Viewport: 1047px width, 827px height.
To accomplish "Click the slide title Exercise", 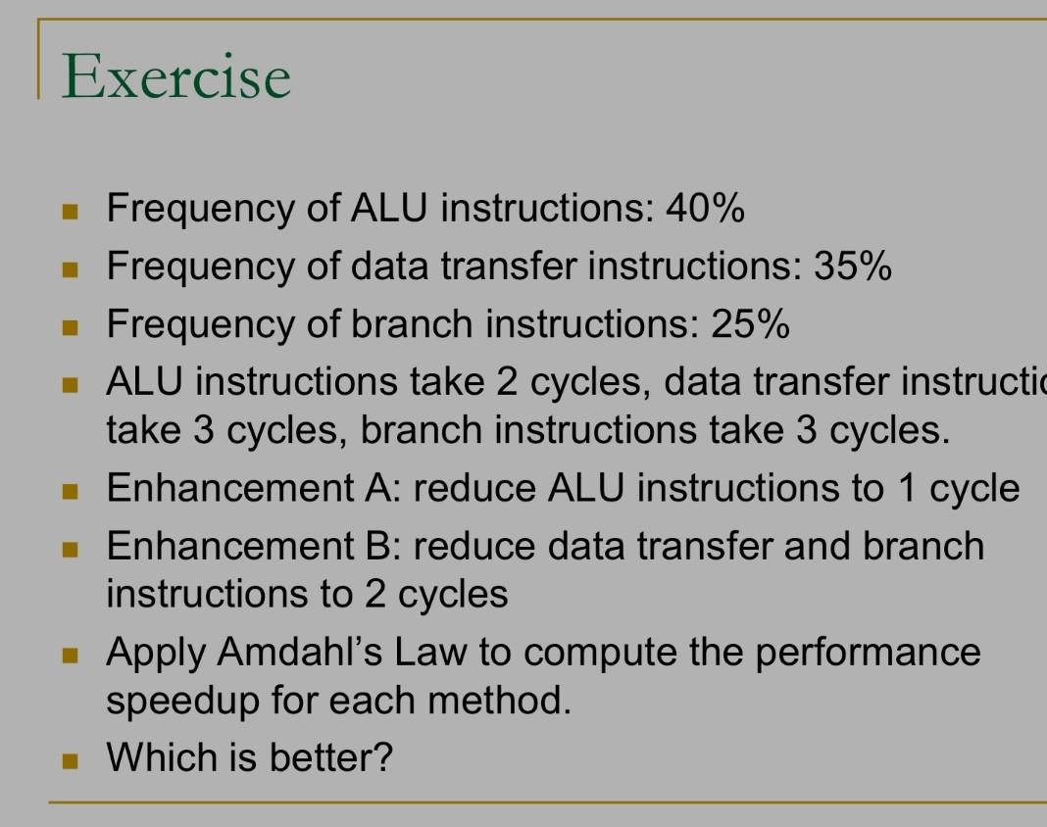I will [x=176, y=76].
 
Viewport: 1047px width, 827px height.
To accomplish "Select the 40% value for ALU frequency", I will [x=705, y=208].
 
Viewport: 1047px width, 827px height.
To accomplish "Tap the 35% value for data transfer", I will [x=852, y=266].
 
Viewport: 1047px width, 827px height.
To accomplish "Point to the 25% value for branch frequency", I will [x=750, y=323].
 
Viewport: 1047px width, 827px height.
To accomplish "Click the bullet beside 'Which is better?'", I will [x=69, y=758].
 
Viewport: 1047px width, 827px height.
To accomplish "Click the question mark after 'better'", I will [x=382, y=757].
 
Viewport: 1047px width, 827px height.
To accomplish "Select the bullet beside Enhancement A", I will [x=69, y=489].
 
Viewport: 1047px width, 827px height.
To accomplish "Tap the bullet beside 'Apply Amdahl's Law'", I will [x=69, y=653].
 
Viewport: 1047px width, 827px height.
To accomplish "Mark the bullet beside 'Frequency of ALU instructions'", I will [x=69, y=210].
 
